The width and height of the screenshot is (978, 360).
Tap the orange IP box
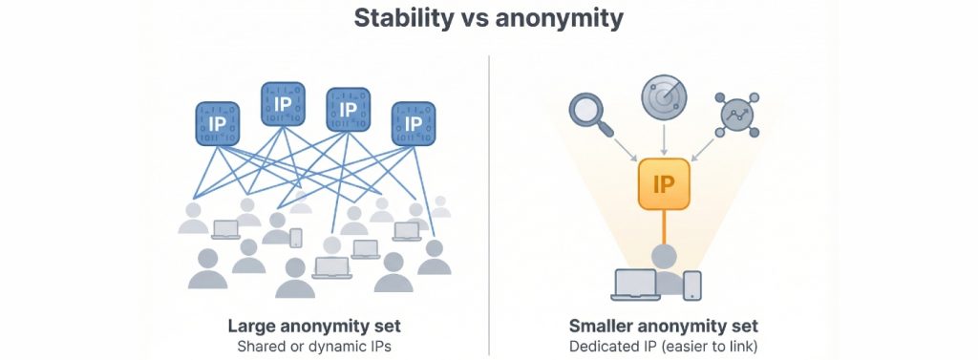click(x=664, y=183)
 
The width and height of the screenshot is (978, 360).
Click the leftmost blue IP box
click(x=218, y=124)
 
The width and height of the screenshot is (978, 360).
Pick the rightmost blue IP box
click(x=414, y=124)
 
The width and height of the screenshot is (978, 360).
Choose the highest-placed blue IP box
click(x=282, y=103)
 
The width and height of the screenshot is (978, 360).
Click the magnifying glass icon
click(x=589, y=111)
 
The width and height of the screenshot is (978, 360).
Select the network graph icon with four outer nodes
click(x=738, y=112)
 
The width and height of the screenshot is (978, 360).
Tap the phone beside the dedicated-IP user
click(x=692, y=284)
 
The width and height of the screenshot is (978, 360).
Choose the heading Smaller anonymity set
click(x=664, y=325)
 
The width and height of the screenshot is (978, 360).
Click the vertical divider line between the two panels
click(x=489, y=201)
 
